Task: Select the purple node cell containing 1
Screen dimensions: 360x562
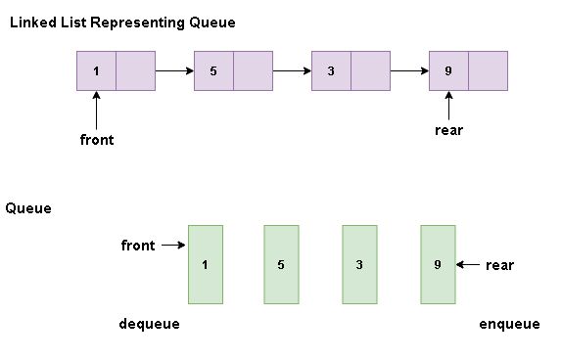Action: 97,70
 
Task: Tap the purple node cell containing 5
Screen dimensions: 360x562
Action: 214,70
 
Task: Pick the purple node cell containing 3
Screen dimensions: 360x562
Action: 332,70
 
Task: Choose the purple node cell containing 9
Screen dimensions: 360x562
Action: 449,70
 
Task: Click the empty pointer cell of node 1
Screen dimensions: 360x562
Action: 136,70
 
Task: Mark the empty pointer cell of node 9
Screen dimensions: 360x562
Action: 489,70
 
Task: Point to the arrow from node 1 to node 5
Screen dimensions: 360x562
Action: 175,70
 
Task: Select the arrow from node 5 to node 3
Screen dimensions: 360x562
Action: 293,70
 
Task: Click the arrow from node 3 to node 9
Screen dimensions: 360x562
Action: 410,70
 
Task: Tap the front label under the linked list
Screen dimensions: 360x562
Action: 97,140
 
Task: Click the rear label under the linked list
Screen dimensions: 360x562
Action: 448,130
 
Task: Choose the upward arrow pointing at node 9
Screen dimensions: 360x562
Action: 449,104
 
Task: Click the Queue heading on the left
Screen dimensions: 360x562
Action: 28,208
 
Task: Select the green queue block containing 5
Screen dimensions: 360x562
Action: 281,264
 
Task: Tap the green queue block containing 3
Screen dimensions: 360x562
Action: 359,264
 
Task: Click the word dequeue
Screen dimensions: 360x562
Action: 149,324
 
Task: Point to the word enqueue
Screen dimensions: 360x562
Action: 509,324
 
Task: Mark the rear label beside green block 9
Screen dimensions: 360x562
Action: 499,265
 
